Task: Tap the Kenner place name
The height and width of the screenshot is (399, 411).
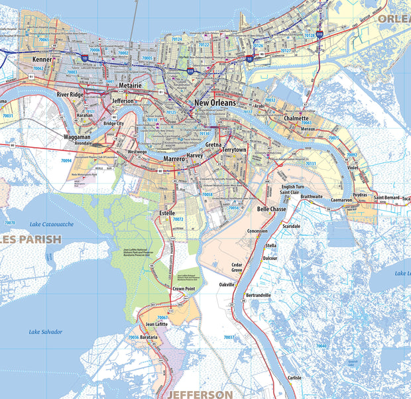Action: point(42,59)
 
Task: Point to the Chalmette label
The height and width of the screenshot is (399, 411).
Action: point(296,118)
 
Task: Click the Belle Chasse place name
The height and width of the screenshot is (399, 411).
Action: point(271,209)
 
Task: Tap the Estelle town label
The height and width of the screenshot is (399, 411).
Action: point(168,213)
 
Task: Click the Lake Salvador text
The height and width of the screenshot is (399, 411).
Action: point(46,331)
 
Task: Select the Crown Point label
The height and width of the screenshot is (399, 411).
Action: point(184,289)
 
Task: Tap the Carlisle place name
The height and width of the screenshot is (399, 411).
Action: point(294,377)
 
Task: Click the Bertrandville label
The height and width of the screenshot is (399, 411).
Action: point(259,294)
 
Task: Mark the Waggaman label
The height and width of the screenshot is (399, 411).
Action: point(77,137)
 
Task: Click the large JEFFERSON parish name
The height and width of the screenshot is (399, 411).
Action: point(200,394)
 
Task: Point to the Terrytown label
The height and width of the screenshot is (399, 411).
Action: point(234,150)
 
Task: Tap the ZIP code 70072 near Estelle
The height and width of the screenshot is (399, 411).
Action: point(178,219)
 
